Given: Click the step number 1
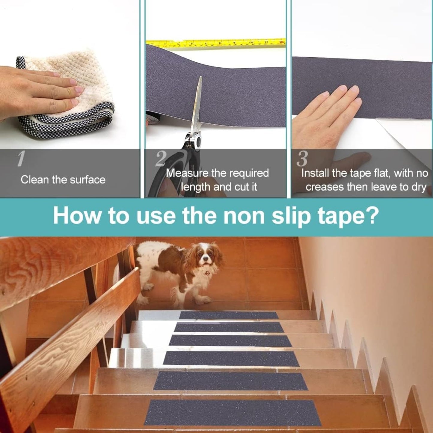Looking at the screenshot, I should click(x=20, y=159).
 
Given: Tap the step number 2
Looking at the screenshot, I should click(x=160, y=159).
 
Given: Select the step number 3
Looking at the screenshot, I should click(x=302, y=159).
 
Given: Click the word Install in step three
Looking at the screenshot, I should click(x=315, y=173).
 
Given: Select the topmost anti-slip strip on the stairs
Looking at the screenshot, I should click(x=229, y=315).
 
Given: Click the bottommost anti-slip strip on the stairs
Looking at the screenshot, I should click(x=232, y=412).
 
